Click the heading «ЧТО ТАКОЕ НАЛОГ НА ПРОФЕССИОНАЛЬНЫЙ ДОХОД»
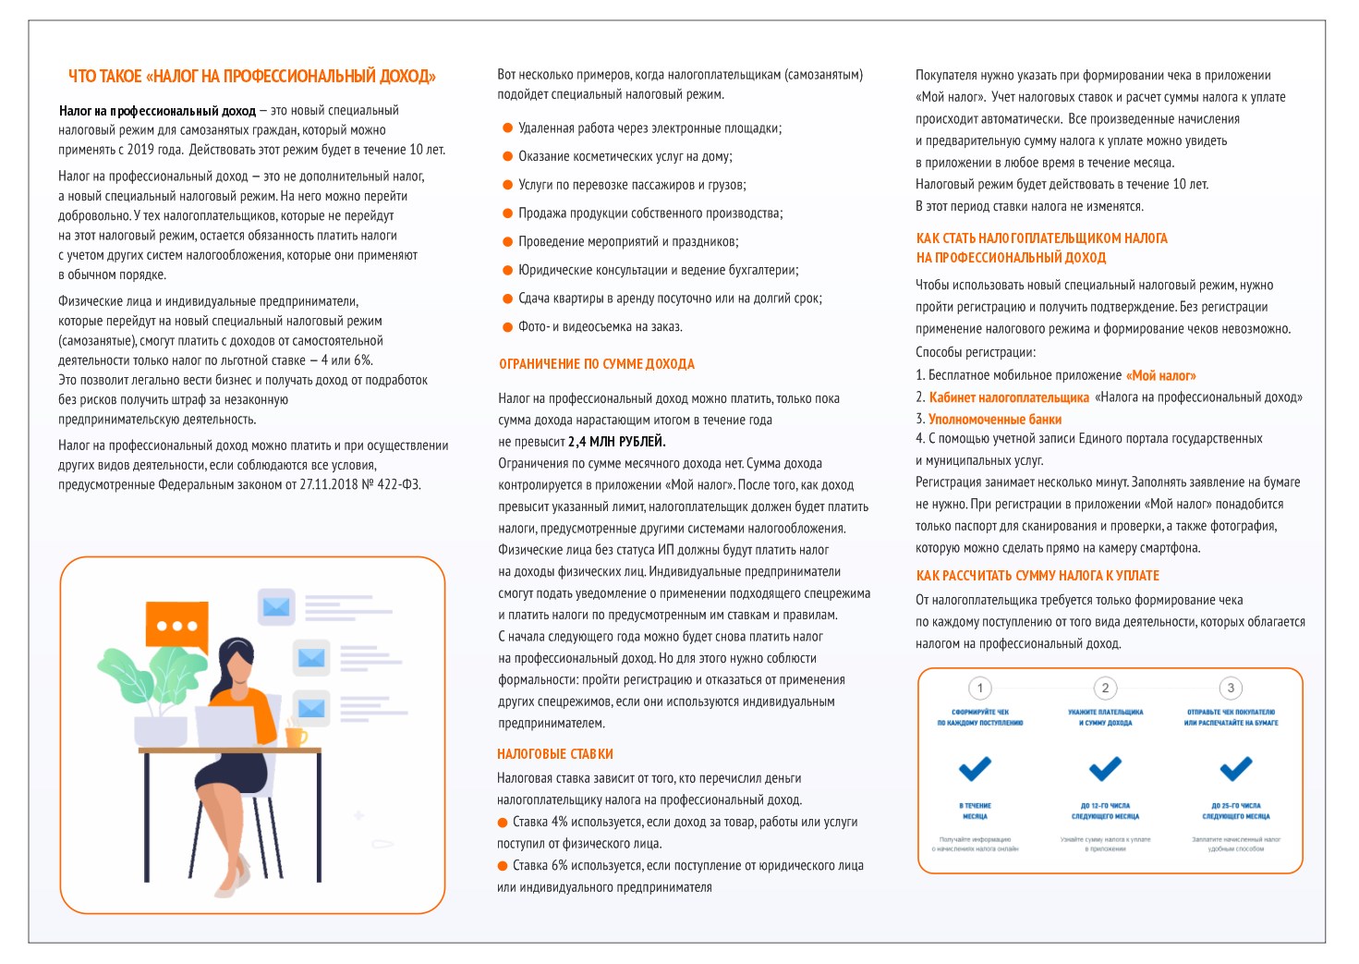(251, 77)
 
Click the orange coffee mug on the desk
(295, 737)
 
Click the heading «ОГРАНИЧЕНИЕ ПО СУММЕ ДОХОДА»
(596, 364)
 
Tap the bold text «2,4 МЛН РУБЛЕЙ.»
(616, 442)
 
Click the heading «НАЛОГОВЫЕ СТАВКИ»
(554, 754)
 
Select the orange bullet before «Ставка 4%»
(503, 823)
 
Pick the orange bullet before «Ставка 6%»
(503, 866)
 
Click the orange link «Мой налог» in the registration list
(1160, 376)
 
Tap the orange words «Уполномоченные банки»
(994, 420)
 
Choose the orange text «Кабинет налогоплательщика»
(1009, 397)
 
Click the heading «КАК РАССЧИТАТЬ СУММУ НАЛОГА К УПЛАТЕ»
(1037, 576)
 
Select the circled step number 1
(979, 688)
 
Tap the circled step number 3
(1230, 688)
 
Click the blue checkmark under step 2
(1105, 768)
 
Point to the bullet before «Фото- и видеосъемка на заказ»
(507, 327)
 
